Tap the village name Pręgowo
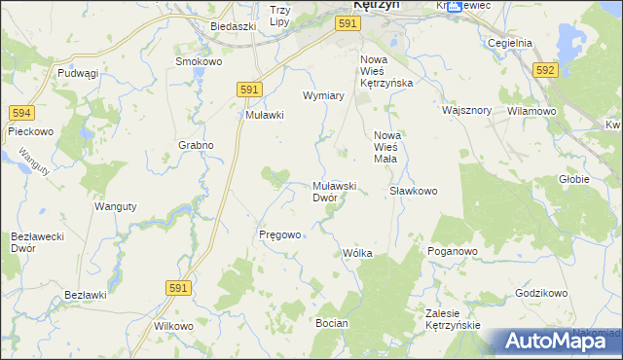(x=280, y=234)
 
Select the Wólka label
(x=357, y=253)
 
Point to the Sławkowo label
(x=414, y=191)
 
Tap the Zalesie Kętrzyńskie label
(x=454, y=318)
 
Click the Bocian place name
(x=332, y=321)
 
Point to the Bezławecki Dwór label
(x=36, y=242)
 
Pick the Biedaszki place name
(x=232, y=27)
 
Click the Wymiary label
(x=324, y=96)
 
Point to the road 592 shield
(x=545, y=69)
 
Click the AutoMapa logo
(x=552, y=341)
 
